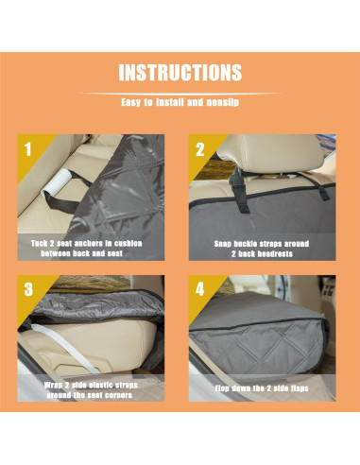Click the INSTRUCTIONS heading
pyautogui.click(x=180, y=73)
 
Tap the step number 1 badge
pyautogui.click(x=31, y=149)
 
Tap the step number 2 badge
pyautogui.click(x=199, y=149)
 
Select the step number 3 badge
pyautogui.click(x=31, y=290)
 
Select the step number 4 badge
pyautogui.click(x=199, y=290)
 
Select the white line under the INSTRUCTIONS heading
pyautogui.click(x=180, y=93)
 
